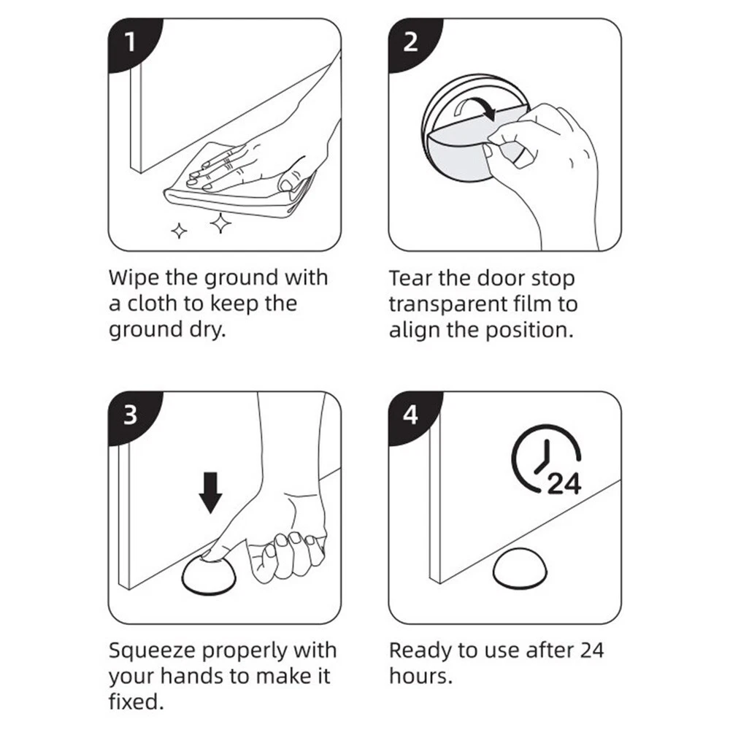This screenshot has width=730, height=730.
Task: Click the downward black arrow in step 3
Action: pyautogui.click(x=210, y=493)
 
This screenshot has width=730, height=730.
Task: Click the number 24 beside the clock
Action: pyautogui.click(x=565, y=484)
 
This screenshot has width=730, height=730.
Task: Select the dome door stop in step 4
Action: pyautogui.click(x=520, y=569)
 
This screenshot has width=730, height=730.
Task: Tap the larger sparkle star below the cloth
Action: pyautogui.click(x=220, y=223)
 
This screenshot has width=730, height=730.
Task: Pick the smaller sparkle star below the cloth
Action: pyautogui.click(x=180, y=231)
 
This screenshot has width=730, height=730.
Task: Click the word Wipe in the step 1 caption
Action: pyautogui.click(x=133, y=278)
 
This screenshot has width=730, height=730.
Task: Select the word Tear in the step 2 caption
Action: pyautogui.click(x=410, y=278)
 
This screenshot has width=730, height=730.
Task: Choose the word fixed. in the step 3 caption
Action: pyautogui.click(x=136, y=702)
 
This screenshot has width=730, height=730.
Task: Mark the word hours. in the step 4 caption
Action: pyautogui.click(x=421, y=676)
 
